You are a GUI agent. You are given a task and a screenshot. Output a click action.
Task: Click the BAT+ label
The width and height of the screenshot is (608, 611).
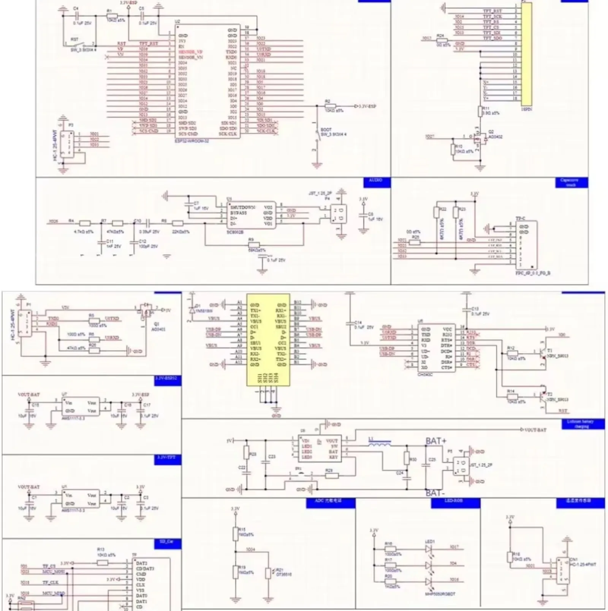pos(436,441)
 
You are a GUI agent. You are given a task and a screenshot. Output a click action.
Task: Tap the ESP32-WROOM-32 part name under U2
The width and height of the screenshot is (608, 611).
pos(192,140)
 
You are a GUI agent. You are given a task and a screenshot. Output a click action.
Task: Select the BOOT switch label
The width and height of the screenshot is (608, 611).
pos(326,129)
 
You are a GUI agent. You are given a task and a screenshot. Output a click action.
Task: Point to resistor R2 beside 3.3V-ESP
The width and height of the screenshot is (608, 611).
pos(330,106)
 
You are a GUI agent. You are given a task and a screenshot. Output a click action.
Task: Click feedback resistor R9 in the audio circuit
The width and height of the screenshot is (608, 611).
pos(253,245)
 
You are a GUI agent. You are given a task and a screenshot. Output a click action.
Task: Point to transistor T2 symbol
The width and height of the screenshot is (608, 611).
pos(541,396)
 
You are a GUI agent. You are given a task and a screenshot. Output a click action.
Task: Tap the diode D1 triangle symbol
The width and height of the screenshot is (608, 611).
pos(192,309)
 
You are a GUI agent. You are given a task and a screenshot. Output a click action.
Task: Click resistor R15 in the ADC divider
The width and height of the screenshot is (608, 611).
pos(236,534)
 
